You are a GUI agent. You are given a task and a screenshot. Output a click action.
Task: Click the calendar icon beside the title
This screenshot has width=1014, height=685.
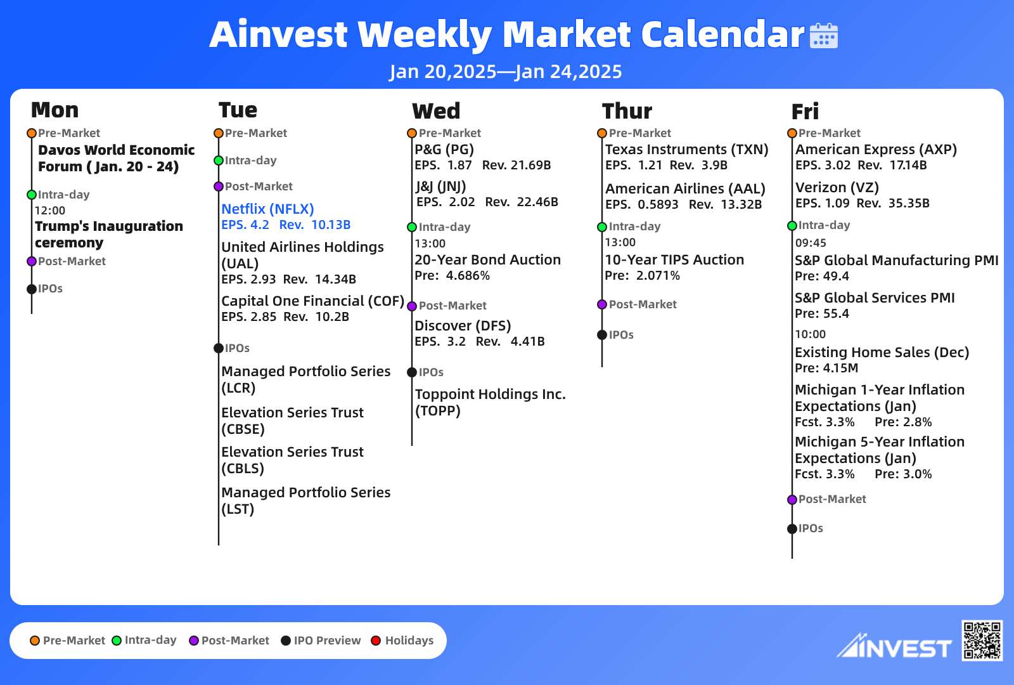click(823, 36)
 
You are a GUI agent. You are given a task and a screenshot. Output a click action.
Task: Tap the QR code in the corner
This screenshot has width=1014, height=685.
click(982, 641)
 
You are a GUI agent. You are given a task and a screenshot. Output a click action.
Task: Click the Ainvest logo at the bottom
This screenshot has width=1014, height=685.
click(894, 646)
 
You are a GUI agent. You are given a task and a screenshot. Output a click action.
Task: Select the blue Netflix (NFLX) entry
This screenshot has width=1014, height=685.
click(267, 209)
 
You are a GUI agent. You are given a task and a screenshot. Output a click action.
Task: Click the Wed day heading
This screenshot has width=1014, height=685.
click(436, 111)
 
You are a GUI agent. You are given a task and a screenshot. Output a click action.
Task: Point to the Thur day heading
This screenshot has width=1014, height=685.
click(627, 111)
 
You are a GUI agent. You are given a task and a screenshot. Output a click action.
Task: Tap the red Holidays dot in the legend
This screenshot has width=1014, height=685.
click(376, 641)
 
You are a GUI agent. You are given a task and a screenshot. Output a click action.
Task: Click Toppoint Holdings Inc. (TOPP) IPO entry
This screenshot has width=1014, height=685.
click(491, 402)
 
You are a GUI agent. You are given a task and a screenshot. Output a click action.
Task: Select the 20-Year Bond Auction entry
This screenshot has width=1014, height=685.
click(487, 259)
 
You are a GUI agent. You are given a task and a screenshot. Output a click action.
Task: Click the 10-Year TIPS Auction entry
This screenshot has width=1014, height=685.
click(674, 259)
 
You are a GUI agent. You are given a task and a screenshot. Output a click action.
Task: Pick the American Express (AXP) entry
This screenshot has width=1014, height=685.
click(876, 150)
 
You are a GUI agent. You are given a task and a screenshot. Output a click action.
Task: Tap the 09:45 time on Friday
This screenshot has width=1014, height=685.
click(811, 243)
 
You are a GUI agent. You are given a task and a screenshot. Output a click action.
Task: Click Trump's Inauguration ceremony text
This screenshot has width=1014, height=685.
click(109, 234)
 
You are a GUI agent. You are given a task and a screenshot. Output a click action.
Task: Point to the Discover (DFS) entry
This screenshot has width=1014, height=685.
click(463, 326)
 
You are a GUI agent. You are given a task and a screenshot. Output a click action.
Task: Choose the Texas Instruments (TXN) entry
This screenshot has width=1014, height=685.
click(687, 150)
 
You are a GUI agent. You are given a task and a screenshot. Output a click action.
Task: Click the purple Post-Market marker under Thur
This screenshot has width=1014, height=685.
click(602, 304)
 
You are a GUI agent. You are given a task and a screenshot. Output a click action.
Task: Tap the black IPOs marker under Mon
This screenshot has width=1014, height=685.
click(32, 289)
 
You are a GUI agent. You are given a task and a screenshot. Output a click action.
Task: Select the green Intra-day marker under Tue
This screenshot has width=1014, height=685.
click(219, 160)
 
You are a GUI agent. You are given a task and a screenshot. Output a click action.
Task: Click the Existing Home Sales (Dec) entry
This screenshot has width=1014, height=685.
click(882, 353)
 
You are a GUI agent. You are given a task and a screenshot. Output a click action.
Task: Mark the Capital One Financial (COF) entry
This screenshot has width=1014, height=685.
click(312, 301)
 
